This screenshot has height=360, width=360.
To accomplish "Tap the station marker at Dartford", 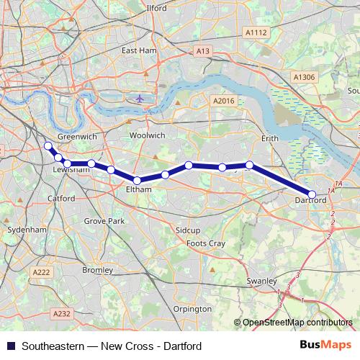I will tap(312, 194).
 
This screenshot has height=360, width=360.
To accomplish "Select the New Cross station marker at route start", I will tap(48, 146).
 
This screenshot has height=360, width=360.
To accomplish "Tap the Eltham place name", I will tap(138, 189).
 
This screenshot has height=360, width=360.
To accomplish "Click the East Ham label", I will tap(138, 50).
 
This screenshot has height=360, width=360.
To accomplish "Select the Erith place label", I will tap(269, 137).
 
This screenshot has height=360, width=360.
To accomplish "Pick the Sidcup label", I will tap(186, 229).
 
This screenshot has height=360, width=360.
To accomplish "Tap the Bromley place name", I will tap(97, 271).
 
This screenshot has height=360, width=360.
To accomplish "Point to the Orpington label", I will tap(192, 309).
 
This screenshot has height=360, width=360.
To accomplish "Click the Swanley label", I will tap(262, 281).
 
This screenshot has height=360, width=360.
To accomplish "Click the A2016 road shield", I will tap(225, 102).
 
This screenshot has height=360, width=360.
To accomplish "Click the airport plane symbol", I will tap(139, 96).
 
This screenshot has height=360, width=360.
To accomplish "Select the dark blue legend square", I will tap(10, 346).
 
